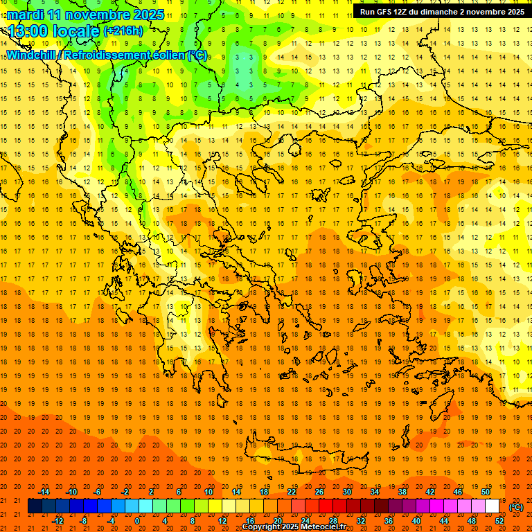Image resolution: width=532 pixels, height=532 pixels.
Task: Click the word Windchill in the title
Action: click(x=32, y=55)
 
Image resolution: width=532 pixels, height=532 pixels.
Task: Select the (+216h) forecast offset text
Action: click(x=123, y=30)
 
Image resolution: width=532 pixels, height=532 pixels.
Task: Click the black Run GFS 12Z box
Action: click(x=441, y=11)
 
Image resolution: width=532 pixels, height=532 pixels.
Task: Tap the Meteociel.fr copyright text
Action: click(x=294, y=527)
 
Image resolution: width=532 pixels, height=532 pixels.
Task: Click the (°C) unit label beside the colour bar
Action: click(x=516, y=507)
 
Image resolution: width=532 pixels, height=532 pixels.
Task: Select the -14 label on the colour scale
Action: click(x=44, y=491)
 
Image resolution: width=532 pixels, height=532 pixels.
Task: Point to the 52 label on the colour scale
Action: click(x=499, y=520)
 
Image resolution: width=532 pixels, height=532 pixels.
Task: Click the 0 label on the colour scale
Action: click(x=137, y=520)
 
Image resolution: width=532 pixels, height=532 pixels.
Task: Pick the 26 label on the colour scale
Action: click(x=319, y=491)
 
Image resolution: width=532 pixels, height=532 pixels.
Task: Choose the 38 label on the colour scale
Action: click(x=402, y=491)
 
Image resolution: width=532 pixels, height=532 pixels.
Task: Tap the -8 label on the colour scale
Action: click(x=84, y=520)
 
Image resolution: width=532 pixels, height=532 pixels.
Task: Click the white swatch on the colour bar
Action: click(x=492, y=506)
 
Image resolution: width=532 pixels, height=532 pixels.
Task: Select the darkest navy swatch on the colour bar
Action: click(x=35, y=506)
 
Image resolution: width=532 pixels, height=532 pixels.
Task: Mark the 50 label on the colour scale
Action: click(x=486, y=491)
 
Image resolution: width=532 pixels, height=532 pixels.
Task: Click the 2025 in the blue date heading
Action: click(x=147, y=14)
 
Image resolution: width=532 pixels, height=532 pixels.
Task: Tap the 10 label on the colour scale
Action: click(x=209, y=491)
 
